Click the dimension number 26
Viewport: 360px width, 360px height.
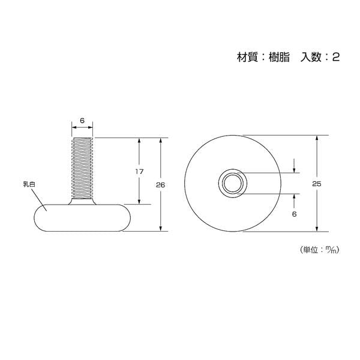click(x=160, y=185)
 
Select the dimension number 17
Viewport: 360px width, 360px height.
click(x=139, y=172)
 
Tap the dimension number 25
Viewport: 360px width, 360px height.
click(x=317, y=184)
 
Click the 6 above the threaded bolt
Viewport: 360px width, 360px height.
click(x=82, y=121)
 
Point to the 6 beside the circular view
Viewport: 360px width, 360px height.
click(x=295, y=214)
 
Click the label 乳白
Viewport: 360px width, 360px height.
click(x=29, y=184)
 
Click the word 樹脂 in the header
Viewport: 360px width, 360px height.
click(x=279, y=57)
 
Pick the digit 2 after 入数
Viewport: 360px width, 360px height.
click(x=335, y=57)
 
